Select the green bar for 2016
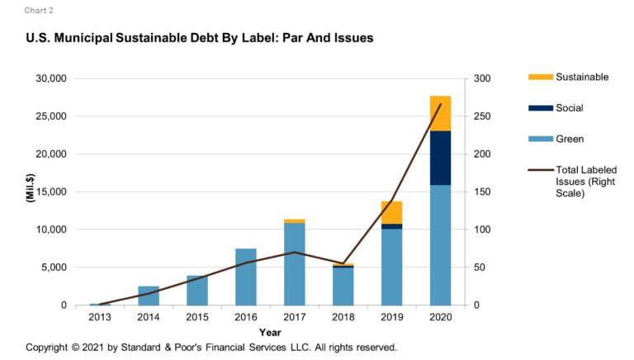(x=245, y=277)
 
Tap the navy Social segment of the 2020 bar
(x=440, y=158)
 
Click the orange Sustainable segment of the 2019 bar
(x=391, y=212)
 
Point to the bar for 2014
(x=149, y=296)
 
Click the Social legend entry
(x=570, y=108)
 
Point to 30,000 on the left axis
(x=51, y=79)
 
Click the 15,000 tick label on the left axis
(x=51, y=192)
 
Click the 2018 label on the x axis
(x=343, y=318)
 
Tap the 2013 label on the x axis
(x=100, y=318)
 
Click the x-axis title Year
(x=270, y=332)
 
